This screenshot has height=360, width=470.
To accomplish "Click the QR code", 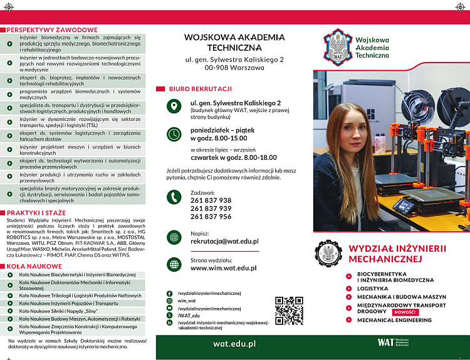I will pos(289,311).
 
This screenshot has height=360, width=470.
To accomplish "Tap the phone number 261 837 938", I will pos(211,201).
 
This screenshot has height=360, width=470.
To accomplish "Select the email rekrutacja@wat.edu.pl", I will pos(224,241).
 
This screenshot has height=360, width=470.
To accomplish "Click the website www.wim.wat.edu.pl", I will pos(223,268).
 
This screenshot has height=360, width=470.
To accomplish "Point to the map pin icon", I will pos(174,106).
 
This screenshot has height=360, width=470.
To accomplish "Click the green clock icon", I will pos(174,134).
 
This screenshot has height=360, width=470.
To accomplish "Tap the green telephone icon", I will pos(174,197).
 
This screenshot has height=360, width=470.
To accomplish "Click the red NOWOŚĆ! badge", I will pos(404,312).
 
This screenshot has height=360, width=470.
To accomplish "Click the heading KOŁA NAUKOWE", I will pos(36,266).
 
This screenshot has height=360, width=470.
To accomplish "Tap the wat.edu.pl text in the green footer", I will pos(234,343).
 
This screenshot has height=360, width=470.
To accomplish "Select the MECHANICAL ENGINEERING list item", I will pos(394,320).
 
